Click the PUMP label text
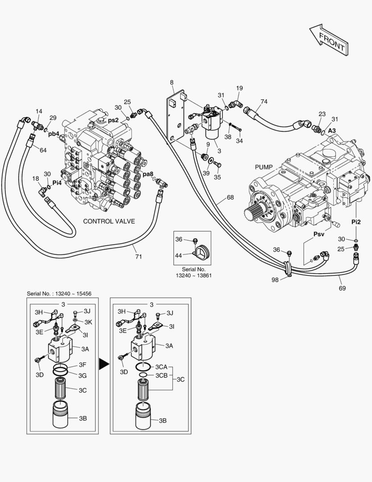(263, 167)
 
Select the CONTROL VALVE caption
(109, 221)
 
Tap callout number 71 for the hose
(139, 256)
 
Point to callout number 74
(264, 102)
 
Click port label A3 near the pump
(332, 131)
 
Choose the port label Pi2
(356, 222)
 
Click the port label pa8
(148, 174)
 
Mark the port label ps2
(113, 120)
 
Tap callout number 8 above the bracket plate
(172, 82)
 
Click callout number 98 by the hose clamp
(275, 279)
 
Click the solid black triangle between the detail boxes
(104, 364)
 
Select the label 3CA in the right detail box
(161, 366)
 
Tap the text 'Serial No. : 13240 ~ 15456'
(59, 293)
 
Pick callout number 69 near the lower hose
(342, 289)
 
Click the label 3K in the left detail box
(88, 321)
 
